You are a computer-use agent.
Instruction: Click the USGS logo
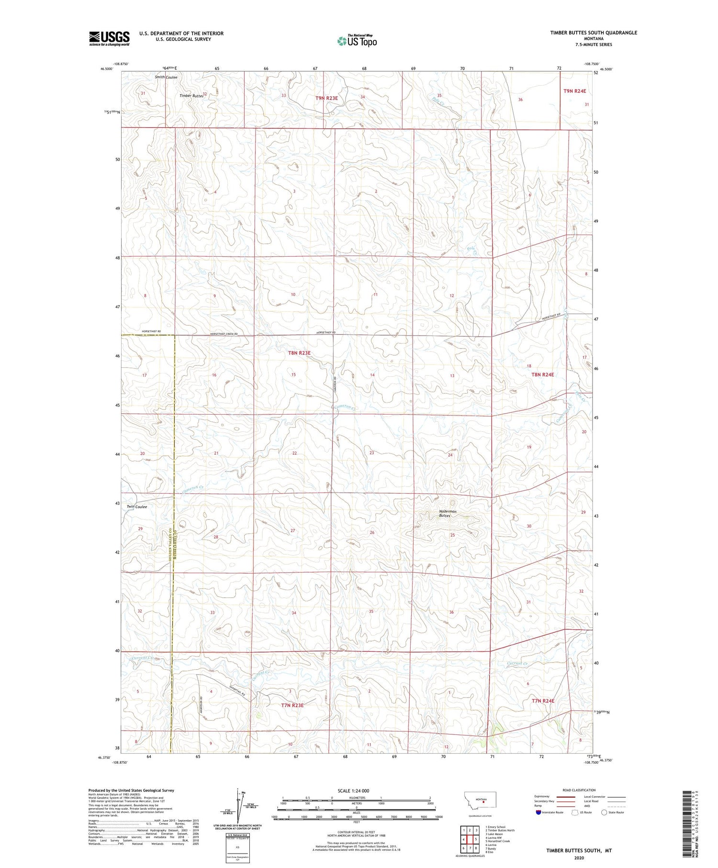tap(109, 38)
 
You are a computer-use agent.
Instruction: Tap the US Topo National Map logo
tap(357, 41)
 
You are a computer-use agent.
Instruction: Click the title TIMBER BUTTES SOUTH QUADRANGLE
tap(594, 33)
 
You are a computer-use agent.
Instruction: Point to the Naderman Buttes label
tap(448, 513)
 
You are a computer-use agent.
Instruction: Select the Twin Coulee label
tap(137, 507)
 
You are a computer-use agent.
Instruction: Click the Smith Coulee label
tap(166, 77)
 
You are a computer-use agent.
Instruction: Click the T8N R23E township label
tap(299, 353)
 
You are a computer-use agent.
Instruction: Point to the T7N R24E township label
tap(543, 701)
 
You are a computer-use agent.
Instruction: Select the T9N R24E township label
tap(574, 90)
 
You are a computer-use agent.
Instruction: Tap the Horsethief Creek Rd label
tap(223, 334)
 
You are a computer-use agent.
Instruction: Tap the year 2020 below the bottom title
tap(579, 858)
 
